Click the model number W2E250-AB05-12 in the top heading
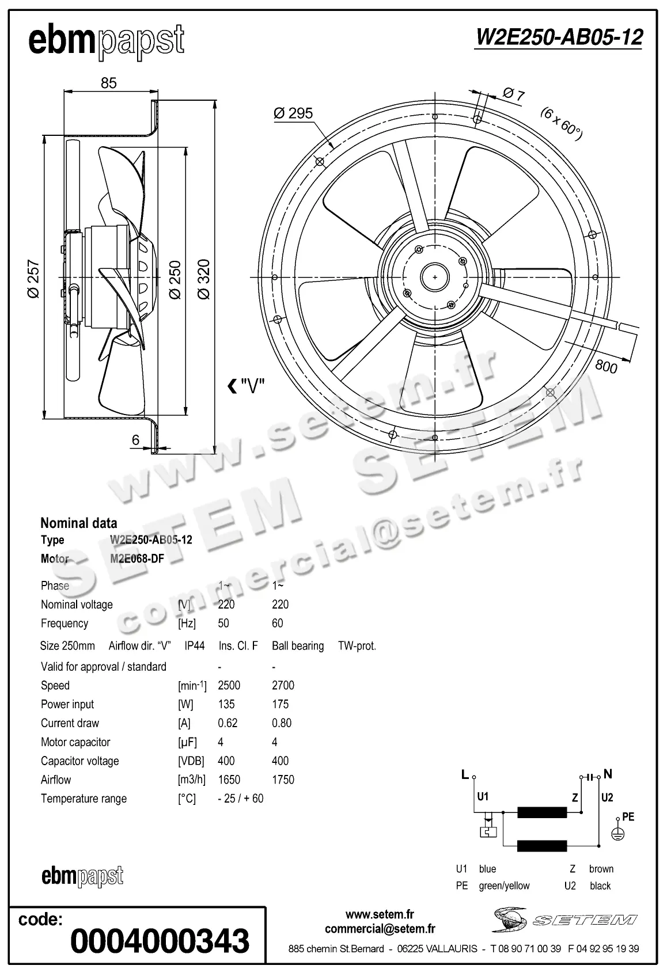[x=558, y=37]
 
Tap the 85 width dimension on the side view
[x=108, y=83]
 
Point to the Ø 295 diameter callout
[x=293, y=113]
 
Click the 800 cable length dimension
[x=606, y=366]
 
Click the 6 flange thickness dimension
[x=135, y=440]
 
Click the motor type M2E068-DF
[x=137, y=558]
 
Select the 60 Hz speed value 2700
[x=283, y=685]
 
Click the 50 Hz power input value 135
[x=226, y=704]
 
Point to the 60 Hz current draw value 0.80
[x=282, y=723]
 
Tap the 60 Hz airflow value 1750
[x=283, y=780]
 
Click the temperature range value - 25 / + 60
[x=241, y=799]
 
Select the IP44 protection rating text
[x=195, y=645]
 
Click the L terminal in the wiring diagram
[x=465, y=775]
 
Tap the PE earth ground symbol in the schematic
[x=617, y=834]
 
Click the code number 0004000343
[x=160, y=941]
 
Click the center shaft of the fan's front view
[x=435, y=277]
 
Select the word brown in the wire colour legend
[x=601, y=869]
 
